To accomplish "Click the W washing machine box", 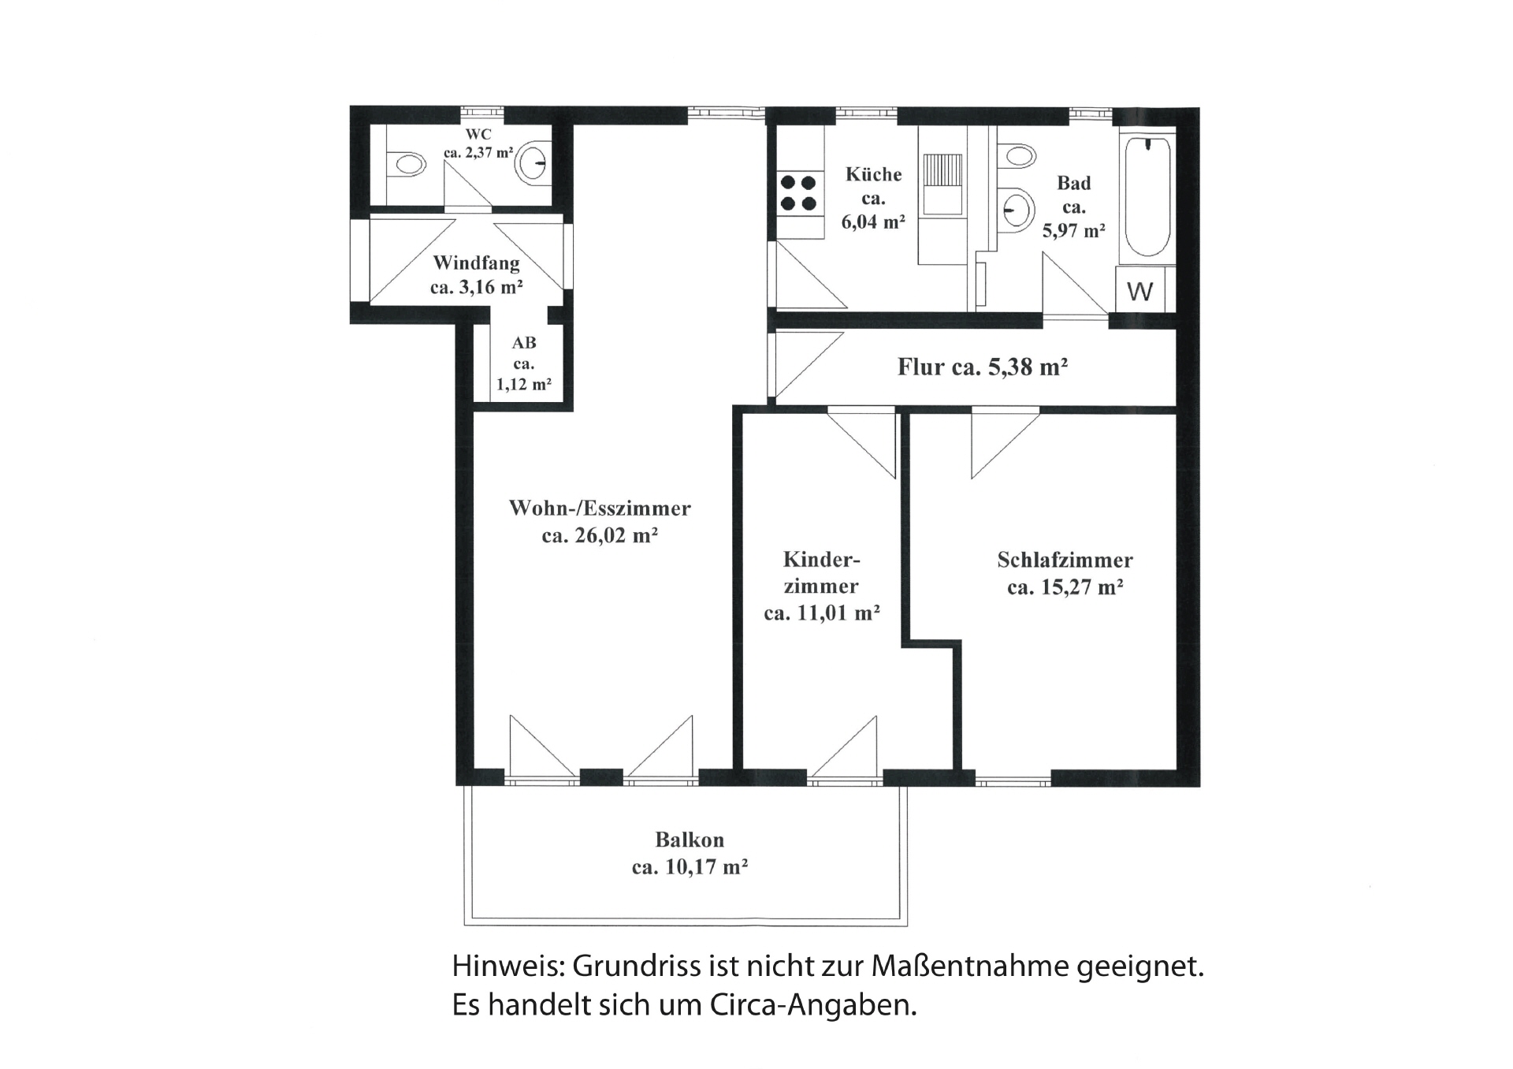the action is pos(1139,290).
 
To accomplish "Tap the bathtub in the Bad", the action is pos(1147,197).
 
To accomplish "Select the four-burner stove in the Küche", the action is pos(798,193).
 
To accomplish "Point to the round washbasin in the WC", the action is pos(532,164).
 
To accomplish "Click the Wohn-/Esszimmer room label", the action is pos(600,508).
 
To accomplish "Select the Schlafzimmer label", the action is pos(1065,560).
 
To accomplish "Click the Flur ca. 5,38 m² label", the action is pos(983,367).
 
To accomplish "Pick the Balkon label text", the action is pos(690,840).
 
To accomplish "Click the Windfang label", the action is pos(476,263).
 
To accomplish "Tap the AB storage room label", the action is pos(524,343).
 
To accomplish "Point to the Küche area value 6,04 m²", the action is pos(873,222).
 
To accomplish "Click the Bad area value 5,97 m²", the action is pos(1074,231).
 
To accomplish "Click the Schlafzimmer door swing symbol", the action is pos(1006,442).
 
